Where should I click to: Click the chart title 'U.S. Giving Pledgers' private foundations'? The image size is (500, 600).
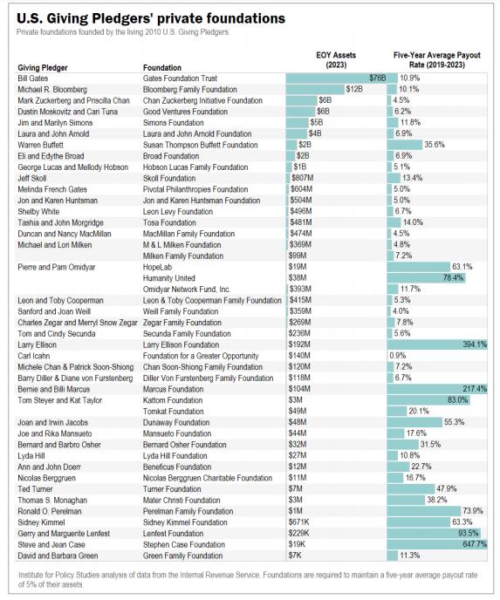151,18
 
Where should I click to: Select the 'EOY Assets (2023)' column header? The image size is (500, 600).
336,59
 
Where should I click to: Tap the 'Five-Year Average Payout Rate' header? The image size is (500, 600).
437,59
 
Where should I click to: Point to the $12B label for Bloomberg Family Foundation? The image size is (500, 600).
353,89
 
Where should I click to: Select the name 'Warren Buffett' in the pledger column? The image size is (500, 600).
41,145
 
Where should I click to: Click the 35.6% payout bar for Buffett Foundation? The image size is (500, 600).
405,145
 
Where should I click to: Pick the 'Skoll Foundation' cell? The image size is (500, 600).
168,178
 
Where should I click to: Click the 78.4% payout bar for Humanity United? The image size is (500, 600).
427,278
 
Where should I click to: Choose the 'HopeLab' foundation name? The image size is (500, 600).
157,267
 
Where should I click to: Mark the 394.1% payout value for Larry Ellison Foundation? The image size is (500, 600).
475,344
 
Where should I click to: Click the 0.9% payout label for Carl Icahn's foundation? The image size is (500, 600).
397,356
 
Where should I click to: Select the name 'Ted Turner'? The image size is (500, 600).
35,489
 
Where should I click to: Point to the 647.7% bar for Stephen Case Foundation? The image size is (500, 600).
437,544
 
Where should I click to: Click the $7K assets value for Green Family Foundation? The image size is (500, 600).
295,556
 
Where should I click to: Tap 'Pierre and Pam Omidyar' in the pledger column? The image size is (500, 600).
56,267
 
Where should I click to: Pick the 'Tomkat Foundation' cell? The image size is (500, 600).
173,412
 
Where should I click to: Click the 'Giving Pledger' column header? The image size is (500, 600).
43,68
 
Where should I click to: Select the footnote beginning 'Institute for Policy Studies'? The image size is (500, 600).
248,579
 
